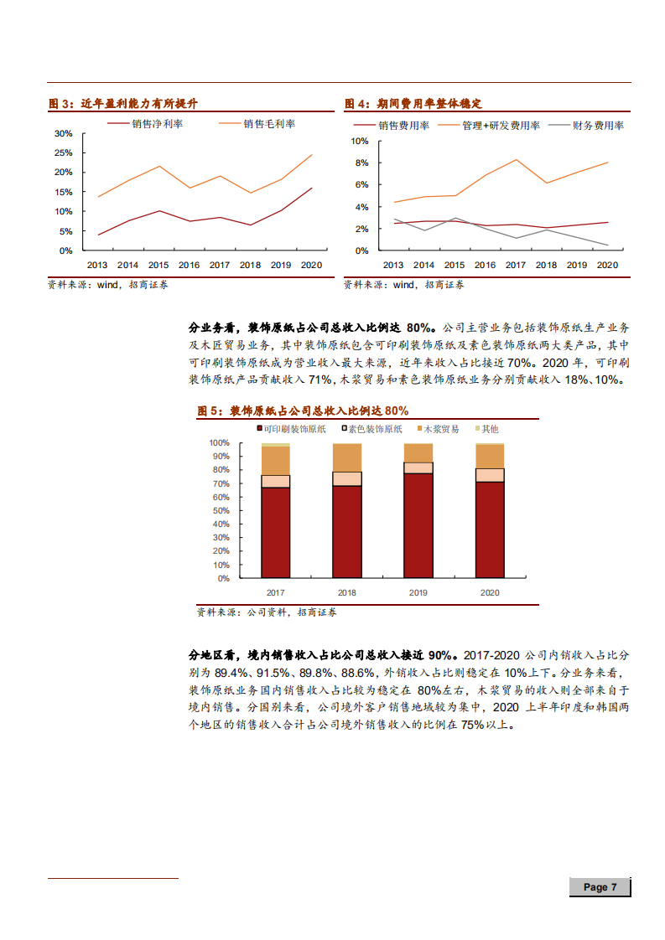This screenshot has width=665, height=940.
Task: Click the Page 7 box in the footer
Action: click(600, 886)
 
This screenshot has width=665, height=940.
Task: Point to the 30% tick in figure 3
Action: click(63, 133)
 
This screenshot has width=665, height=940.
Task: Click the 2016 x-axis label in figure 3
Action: click(189, 265)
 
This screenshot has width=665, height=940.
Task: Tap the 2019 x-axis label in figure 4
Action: click(576, 265)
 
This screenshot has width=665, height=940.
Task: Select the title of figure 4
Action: click(413, 104)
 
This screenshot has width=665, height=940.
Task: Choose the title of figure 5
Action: click(303, 411)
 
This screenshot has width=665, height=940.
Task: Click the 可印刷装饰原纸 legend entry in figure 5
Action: click(294, 429)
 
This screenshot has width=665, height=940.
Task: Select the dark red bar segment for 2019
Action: click(418, 525)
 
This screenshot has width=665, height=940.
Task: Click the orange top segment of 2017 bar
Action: click(275, 460)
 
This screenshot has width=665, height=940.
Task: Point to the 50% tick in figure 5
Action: click(220, 510)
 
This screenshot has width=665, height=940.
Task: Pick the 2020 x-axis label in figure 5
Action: click(489, 592)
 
